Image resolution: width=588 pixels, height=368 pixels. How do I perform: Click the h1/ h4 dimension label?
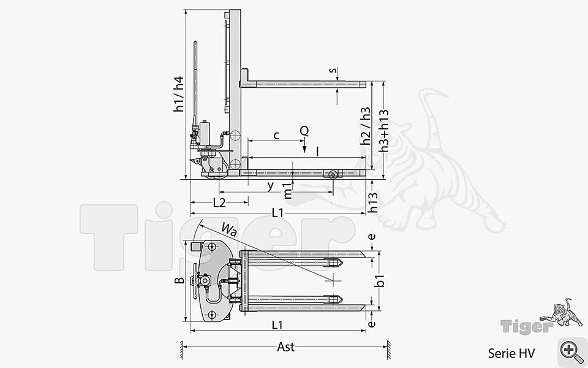[179, 94]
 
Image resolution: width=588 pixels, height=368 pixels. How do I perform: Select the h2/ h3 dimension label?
[365, 126]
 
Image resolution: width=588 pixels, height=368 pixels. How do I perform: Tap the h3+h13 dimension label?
[383, 131]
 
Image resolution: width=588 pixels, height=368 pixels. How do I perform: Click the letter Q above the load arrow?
[304, 131]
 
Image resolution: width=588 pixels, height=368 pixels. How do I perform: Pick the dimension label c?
[277, 135]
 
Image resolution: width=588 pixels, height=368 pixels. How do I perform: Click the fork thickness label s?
[332, 70]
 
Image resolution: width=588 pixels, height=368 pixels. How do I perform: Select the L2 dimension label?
[219, 203]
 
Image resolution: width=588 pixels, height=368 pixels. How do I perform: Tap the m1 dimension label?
[287, 191]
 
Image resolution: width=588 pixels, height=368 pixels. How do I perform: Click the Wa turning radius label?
[229, 229]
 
